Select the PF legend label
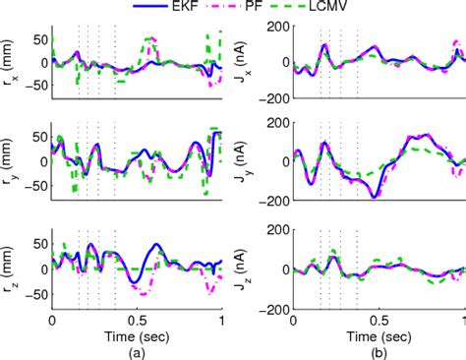[x=286, y=8]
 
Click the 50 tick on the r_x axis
[x=39, y=40]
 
